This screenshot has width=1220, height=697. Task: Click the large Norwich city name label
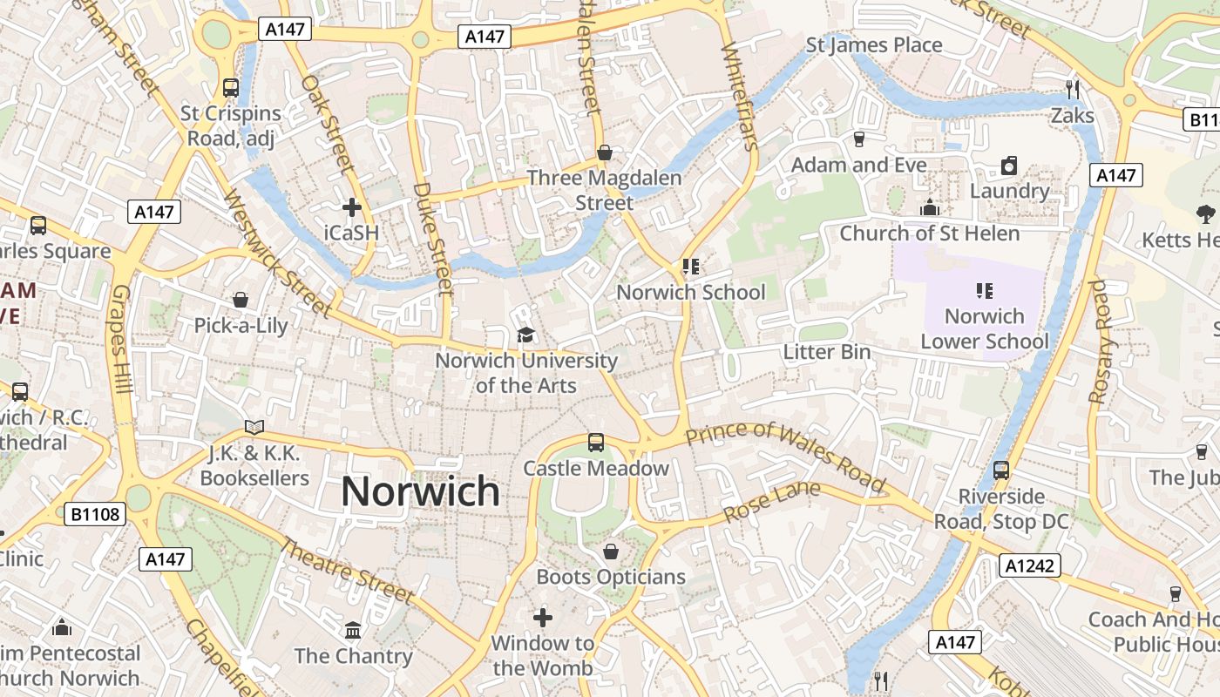[x=420, y=491]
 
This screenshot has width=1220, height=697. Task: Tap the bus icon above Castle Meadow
[x=596, y=443]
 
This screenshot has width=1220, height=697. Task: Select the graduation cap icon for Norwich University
[x=525, y=335]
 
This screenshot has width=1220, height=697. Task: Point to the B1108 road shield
[x=95, y=514]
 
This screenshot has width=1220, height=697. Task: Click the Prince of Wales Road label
[x=785, y=457]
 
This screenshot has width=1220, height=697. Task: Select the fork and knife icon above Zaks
[x=1073, y=89]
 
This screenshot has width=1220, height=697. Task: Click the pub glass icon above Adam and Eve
[x=859, y=139]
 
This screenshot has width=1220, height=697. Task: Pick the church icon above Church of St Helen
[x=930, y=208]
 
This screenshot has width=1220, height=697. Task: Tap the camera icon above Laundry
[x=1009, y=166]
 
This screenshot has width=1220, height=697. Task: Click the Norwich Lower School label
[x=985, y=328]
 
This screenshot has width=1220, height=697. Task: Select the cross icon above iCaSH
[x=352, y=207]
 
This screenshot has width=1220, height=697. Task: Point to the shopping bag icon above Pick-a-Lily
[x=241, y=301]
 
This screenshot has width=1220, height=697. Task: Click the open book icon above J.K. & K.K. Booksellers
[x=254, y=428]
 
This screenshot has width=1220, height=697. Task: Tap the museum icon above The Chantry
[x=353, y=629]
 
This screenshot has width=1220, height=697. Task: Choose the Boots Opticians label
[x=611, y=577]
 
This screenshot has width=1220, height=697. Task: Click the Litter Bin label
[x=827, y=352]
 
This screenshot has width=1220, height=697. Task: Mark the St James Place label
[x=874, y=45]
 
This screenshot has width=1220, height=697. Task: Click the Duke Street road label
[x=433, y=237]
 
